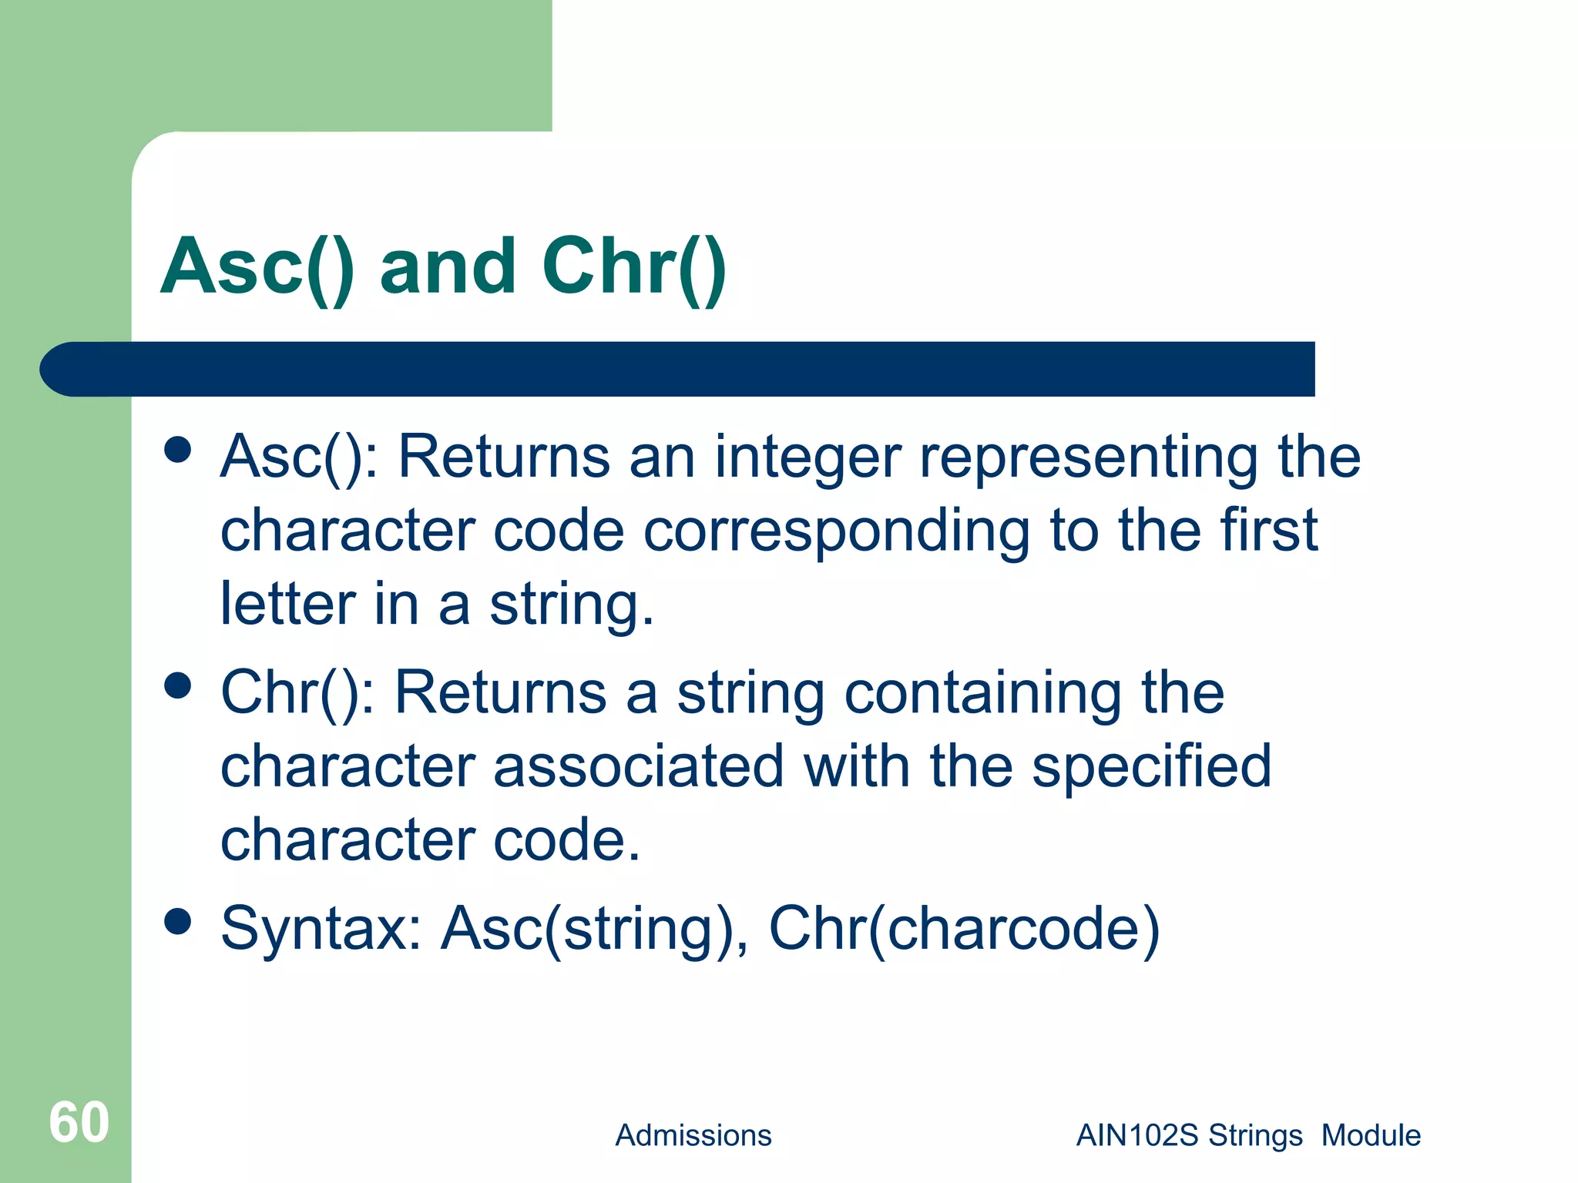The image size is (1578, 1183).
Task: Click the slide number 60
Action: (79, 1122)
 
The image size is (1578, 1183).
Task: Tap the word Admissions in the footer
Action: (693, 1135)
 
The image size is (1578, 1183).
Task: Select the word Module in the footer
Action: (1371, 1135)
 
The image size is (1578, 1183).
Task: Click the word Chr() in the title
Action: (633, 266)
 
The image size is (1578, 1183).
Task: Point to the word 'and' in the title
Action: (448, 266)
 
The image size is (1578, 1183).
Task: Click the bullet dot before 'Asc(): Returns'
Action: (178, 450)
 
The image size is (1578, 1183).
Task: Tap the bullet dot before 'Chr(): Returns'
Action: (178, 685)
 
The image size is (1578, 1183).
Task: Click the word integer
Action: (807, 458)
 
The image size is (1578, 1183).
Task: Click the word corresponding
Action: (837, 532)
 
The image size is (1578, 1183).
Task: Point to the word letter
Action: (287, 604)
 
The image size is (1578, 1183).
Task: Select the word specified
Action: (1151, 768)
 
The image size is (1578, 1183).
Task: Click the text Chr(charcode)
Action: (964, 930)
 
